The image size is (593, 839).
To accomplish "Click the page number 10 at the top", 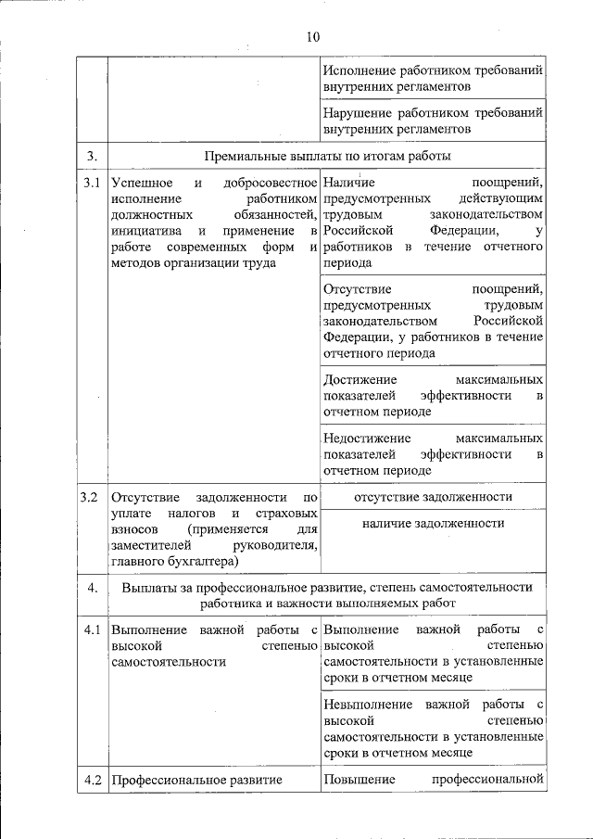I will (310, 37).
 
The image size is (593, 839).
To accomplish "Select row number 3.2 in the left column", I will (90, 497).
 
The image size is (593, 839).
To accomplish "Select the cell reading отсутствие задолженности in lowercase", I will (432, 497).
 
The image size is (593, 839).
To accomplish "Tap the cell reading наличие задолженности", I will (433, 524).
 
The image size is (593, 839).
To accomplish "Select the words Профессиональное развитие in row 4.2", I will (196, 781).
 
